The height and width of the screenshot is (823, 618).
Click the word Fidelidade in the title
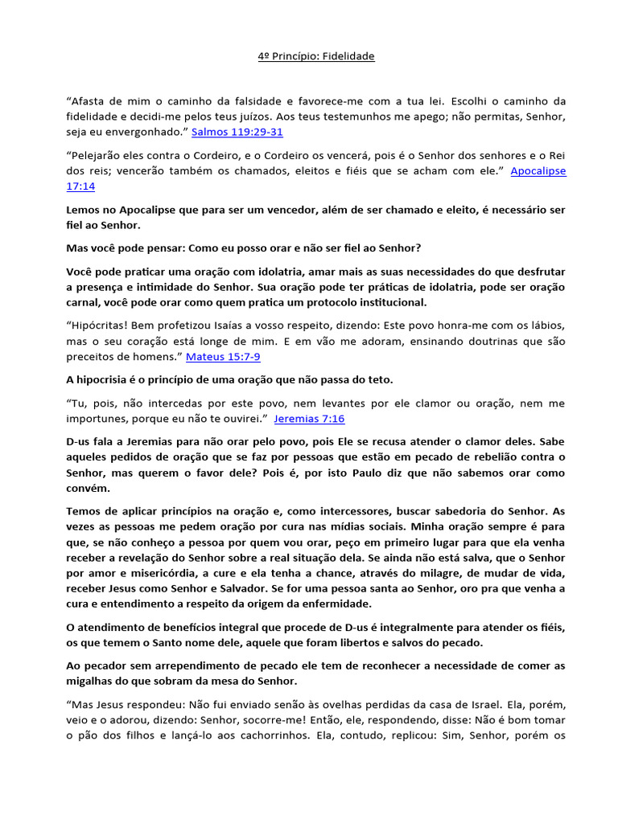(348, 56)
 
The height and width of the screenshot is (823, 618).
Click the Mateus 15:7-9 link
(223, 356)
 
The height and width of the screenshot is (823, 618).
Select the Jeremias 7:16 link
(309, 419)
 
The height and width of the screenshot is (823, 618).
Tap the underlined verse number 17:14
(80, 186)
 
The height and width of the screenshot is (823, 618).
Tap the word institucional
(381, 303)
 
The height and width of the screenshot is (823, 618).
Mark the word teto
(378, 379)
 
